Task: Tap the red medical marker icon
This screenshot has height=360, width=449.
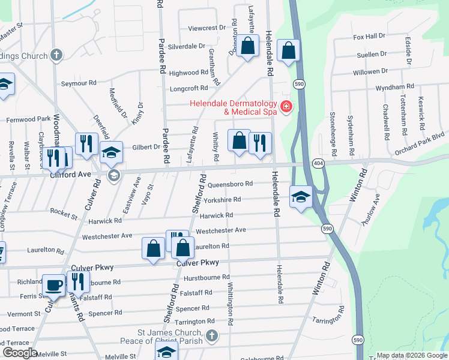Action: pos(286,107)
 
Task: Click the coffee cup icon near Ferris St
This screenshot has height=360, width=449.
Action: pos(54,284)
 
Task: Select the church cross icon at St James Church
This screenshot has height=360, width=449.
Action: pos(211,335)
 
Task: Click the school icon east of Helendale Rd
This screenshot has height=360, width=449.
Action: pos(301,196)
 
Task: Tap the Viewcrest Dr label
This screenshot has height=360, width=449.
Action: pos(206,28)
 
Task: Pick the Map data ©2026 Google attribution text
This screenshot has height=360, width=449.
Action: pos(411,355)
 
